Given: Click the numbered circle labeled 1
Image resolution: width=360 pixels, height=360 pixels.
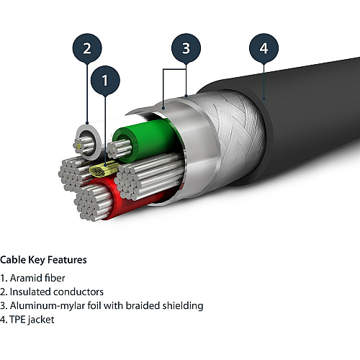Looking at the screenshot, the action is (105, 80).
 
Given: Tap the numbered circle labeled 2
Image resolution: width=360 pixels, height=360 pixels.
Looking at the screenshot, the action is (87, 48).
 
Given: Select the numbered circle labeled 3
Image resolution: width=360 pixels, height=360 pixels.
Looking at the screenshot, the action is (186, 48).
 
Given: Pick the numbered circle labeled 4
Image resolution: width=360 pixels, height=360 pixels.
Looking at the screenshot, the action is (264, 48).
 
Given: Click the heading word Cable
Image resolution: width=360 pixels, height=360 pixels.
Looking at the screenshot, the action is (13, 260).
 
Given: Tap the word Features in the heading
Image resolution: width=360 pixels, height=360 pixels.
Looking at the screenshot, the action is (67, 260).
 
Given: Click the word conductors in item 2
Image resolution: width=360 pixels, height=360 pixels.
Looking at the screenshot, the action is (78, 292).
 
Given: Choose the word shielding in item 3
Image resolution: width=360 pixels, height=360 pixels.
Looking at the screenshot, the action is (183, 306).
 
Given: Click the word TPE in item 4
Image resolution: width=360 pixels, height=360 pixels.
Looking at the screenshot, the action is (17, 320).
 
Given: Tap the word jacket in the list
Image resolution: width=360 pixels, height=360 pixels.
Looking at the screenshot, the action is (41, 320).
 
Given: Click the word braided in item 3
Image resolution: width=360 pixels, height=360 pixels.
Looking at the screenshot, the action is (143, 305).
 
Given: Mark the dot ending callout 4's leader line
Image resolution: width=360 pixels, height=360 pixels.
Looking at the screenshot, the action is (264, 99).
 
